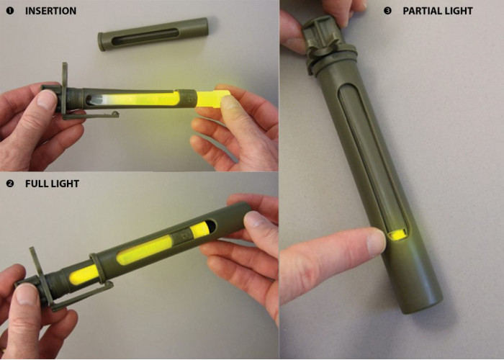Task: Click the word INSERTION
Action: coord(51,11)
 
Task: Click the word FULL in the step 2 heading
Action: coord(35,184)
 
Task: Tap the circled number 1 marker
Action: coord(10,11)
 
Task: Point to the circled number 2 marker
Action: coord(10,184)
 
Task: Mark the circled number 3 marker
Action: coord(387,11)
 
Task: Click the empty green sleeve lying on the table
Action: coord(153,34)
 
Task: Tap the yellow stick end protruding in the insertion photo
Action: coord(212,99)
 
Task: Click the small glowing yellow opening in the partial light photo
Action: coord(397,235)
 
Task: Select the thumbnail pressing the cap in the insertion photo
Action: coord(46,100)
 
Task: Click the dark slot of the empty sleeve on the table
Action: coord(145,36)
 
